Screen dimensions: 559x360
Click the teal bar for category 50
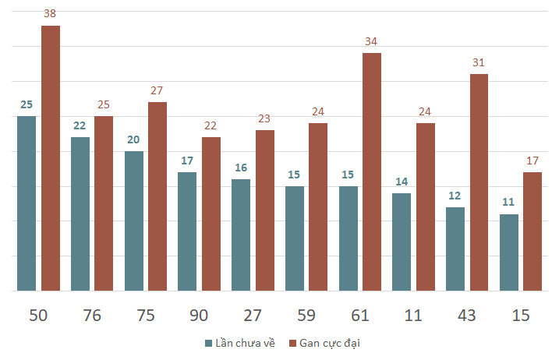(x=27, y=203)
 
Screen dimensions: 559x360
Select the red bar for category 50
(x=51, y=158)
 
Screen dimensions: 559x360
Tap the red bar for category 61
(x=372, y=171)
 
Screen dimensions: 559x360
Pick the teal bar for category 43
(x=455, y=249)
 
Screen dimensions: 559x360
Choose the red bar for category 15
(x=532, y=231)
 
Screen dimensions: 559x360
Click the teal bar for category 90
(x=187, y=231)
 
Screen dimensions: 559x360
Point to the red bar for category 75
(x=157, y=196)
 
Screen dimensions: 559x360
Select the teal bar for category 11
(x=402, y=242)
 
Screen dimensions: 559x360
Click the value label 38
(x=50, y=13)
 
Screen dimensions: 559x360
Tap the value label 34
(x=371, y=41)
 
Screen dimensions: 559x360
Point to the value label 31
(x=479, y=62)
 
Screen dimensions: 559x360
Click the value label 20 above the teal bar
(x=133, y=139)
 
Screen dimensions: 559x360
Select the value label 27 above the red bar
(x=157, y=90)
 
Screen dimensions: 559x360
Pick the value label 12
(x=455, y=196)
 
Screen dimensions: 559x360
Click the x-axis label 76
(x=92, y=316)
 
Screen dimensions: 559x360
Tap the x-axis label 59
(x=306, y=316)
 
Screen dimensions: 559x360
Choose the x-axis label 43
(x=467, y=316)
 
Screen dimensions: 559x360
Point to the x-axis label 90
(x=199, y=316)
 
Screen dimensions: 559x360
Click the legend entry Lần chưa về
(x=240, y=343)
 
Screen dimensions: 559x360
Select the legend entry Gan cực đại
(x=324, y=344)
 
